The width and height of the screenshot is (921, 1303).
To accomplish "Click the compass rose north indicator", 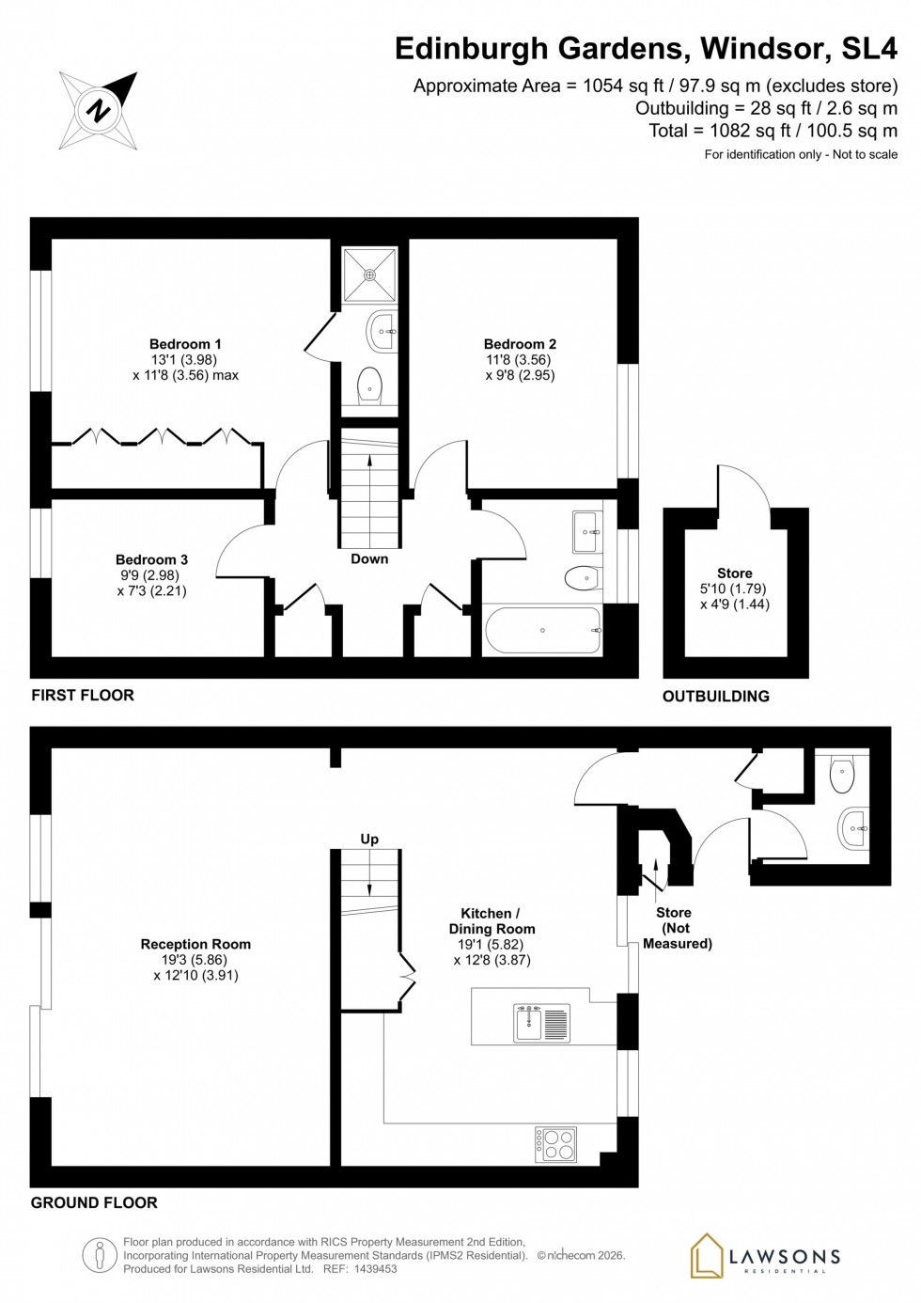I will click(98, 110).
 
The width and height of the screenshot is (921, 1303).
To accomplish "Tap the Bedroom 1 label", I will click(185, 344).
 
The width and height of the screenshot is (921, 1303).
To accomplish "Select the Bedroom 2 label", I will click(520, 344).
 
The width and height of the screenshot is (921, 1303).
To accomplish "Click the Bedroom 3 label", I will click(151, 559).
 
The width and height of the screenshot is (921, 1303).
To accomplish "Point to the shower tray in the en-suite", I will click(369, 275).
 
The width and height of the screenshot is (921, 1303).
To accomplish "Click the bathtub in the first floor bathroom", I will click(542, 630).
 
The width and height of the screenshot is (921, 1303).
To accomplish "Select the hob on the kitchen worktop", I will click(556, 1144).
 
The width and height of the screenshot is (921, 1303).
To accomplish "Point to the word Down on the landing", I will click(369, 558).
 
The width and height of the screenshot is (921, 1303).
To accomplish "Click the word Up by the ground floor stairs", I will click(369, 839).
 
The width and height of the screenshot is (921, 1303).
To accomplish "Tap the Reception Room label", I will click(195, 944).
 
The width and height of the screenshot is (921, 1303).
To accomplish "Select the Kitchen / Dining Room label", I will click(492, 920).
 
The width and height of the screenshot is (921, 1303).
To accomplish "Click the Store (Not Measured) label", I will click(677, 927).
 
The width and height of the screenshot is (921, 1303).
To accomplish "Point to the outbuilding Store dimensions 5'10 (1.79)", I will click(734, 589).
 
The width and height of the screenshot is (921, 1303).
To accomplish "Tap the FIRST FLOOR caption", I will click(83, 695).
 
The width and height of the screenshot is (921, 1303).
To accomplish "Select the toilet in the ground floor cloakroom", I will click(842, 777).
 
